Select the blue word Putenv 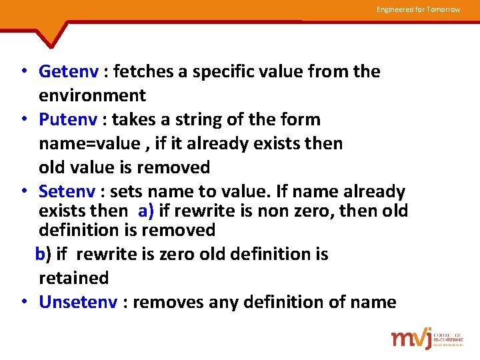67,120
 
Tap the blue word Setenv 67,192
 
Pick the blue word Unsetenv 78,303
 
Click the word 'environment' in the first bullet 92,95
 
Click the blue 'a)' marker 147,212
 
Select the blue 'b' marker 40,254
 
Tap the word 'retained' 73,277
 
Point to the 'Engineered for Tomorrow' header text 418,9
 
